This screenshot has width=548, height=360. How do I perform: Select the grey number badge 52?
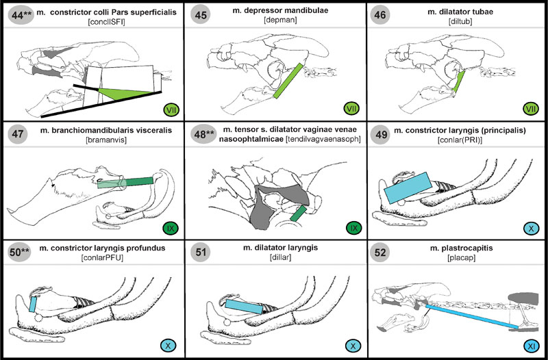(x=382, y=253)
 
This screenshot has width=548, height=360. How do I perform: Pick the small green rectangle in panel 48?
(x=298, y=213)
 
